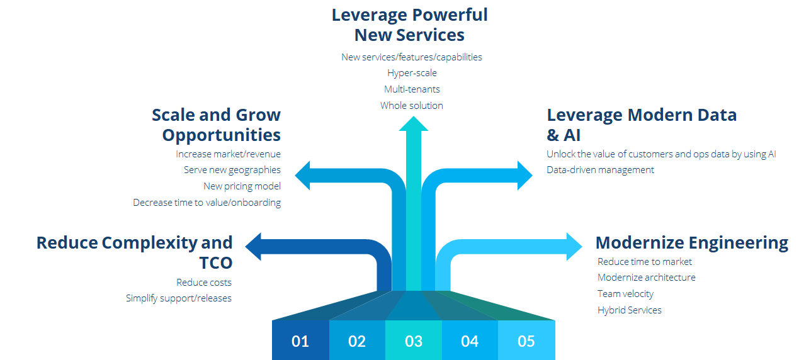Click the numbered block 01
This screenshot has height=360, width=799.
pos(300,340)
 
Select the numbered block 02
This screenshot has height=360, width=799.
pos(356,340)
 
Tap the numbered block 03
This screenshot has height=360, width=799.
pos(413,340)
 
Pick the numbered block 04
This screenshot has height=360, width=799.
pos(470,340)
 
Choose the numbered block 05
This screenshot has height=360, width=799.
pos(526,340)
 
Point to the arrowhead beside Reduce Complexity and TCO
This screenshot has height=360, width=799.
pos(254,247)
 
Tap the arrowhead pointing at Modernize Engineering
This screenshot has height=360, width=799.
pos(574,247)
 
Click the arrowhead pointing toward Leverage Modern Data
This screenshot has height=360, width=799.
pos(524,175)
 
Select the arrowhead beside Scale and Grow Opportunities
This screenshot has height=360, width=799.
pos(303,175)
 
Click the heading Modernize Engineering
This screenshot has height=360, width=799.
pos(691,243)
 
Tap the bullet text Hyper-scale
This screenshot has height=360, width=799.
pos(412,73)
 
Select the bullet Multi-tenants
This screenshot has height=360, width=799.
pos(412,89)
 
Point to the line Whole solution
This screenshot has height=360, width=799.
pos(412,106)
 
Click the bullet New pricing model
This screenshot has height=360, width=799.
pos(242,186)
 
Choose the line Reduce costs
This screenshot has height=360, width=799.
pos(203,282)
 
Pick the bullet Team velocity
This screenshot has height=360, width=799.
pos(625,294)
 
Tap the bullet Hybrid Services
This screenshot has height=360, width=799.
pos(629,310)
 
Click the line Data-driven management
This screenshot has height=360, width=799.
pos(600,170)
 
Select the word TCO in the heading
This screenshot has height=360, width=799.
pos(215,263)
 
